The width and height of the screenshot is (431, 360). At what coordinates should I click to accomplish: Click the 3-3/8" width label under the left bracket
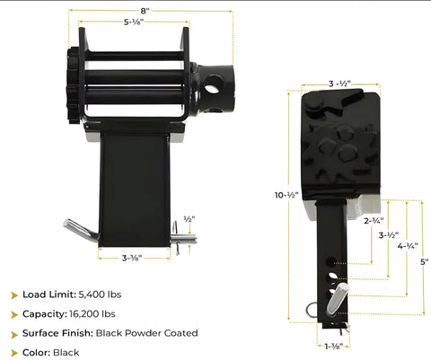tap(132, 259)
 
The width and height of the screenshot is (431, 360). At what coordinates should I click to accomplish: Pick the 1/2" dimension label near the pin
tap(189, 218)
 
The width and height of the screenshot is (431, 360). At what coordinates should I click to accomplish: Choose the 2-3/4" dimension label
tap(374, 219)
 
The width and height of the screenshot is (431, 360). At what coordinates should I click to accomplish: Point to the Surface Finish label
tap(59, 333)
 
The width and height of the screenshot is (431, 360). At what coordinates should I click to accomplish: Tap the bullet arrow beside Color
tap(14, 353)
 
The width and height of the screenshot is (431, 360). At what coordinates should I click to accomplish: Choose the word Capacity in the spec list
tap(45, 314)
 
